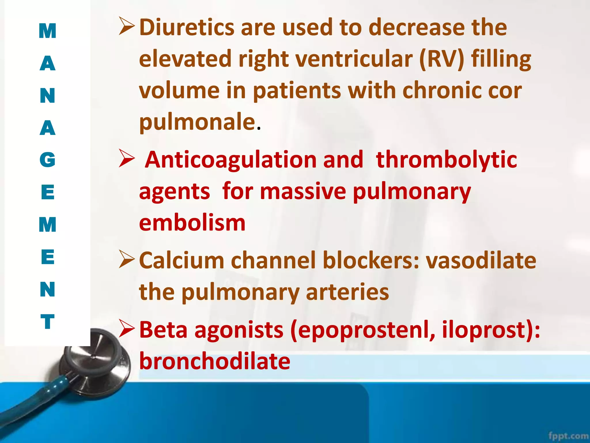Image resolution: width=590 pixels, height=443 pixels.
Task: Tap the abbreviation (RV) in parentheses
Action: tap(442, 59)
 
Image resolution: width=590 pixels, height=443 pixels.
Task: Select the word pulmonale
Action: tap(197, 122)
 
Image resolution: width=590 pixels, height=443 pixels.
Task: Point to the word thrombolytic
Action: tap(446, 160)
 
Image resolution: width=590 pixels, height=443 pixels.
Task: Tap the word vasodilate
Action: tap(481, 260)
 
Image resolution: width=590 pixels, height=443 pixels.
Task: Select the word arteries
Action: tap(347, 292)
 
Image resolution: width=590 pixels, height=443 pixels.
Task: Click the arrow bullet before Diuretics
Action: tap(126, 26)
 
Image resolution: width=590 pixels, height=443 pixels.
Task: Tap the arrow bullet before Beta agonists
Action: tap(126, 329)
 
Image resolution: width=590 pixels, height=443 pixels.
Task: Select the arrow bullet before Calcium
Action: tap(126, 259)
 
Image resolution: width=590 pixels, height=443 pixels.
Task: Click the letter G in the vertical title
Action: tap(48, 160)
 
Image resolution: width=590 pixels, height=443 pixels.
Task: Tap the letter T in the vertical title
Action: tap(48, 322)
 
